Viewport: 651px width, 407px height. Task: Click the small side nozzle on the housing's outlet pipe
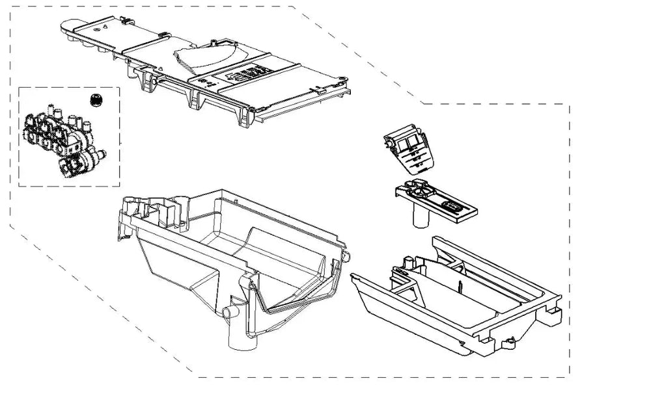tap(230, 313)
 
